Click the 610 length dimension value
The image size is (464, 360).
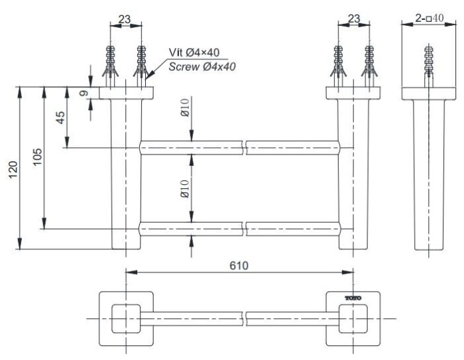pos(239,266)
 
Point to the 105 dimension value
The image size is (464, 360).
pos(37,156)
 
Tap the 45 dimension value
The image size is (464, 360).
pos(60,118)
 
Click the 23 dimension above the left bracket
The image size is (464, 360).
pos(124,20)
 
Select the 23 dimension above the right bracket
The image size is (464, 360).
pos(353,20)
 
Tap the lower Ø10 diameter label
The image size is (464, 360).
pos(186,190)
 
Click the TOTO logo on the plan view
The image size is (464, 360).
pos(352,300)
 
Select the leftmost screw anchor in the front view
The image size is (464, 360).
pos(111,63)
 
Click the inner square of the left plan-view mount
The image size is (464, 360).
pos(125,318)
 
